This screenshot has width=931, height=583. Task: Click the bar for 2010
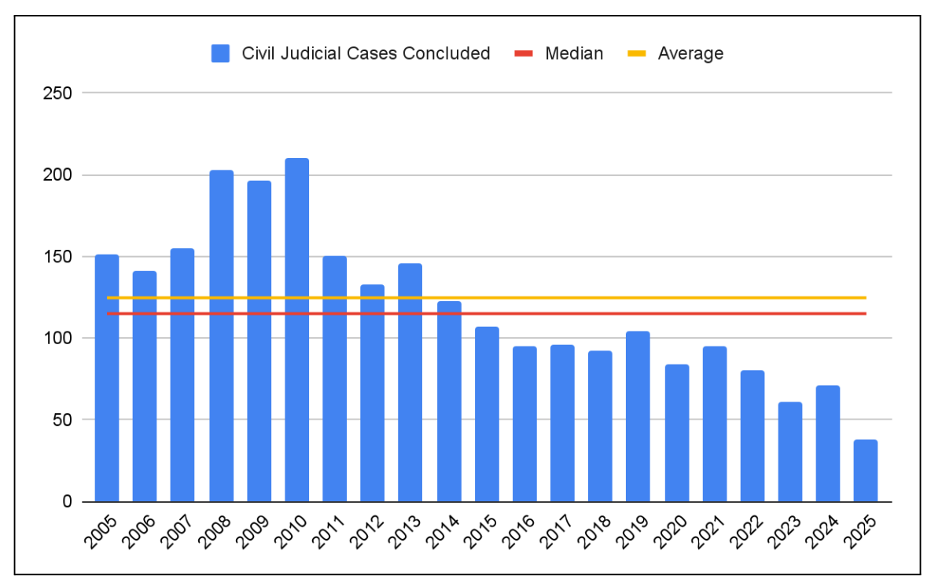296,330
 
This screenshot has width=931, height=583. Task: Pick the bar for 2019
638,416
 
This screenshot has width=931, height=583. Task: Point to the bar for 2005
107,378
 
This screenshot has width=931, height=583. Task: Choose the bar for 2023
789,452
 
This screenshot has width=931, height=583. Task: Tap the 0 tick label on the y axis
68,501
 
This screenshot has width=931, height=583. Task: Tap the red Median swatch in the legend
523,53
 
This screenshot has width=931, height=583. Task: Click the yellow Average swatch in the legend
636,53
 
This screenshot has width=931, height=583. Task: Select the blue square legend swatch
221,53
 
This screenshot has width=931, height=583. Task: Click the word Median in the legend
574,53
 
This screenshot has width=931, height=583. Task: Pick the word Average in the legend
690,53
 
